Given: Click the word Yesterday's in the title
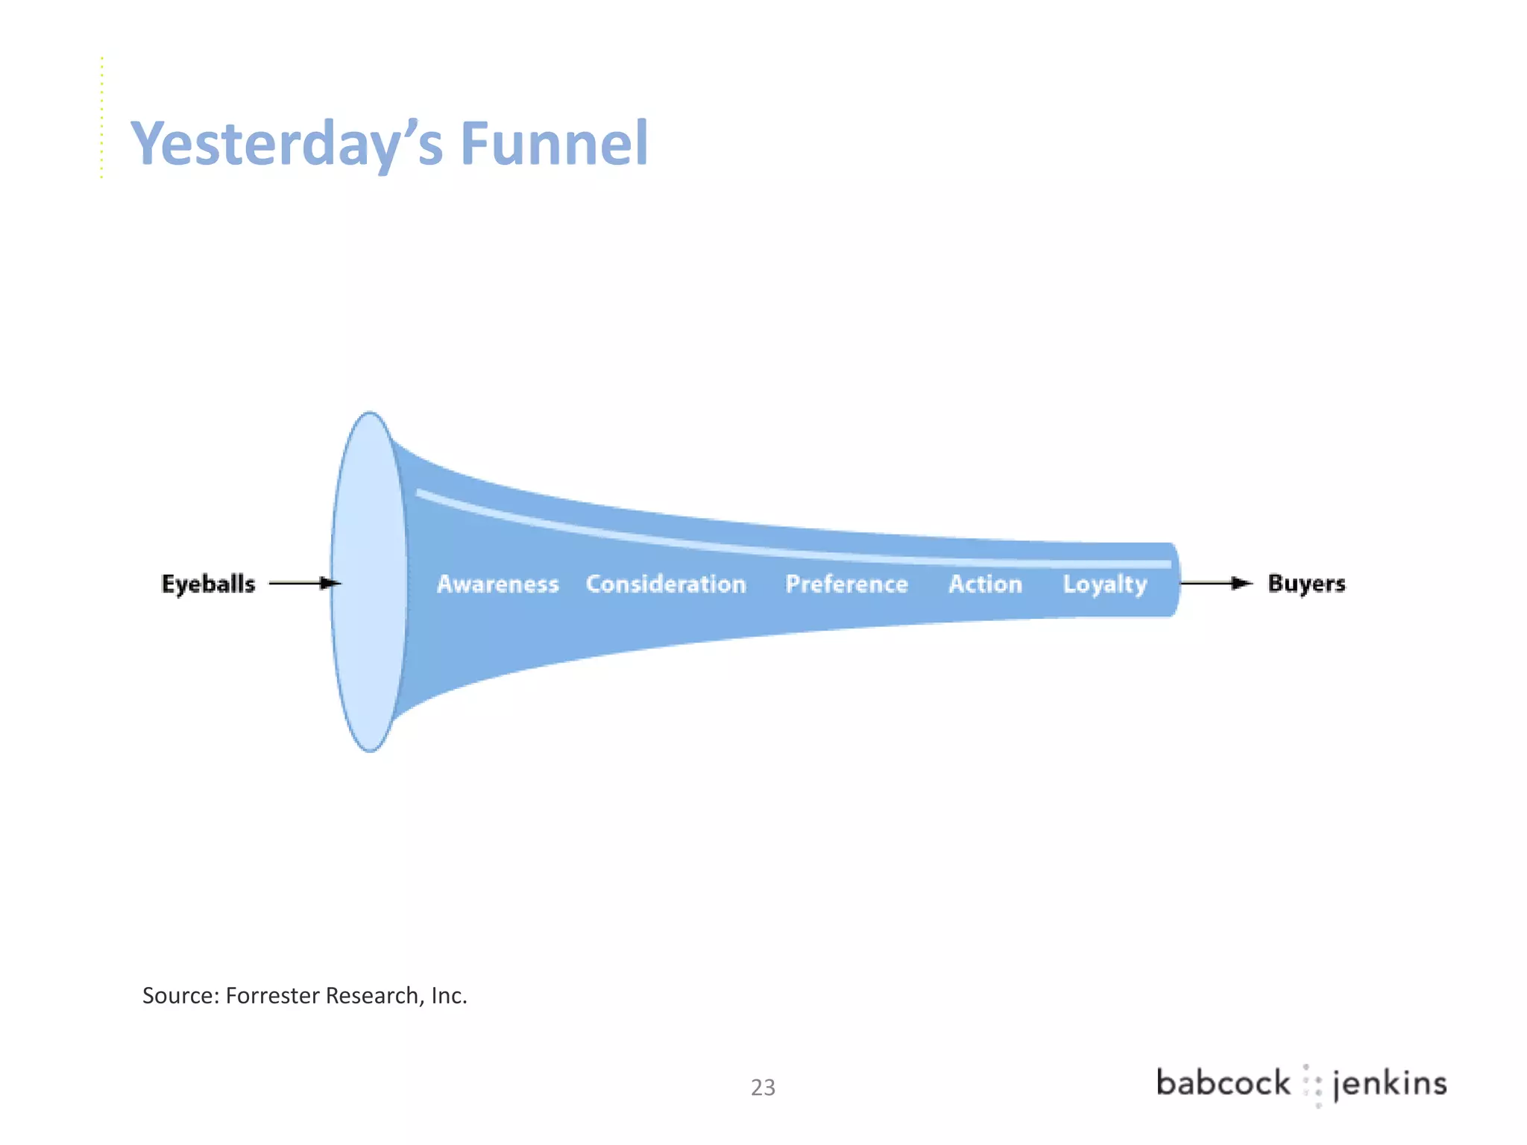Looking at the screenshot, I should pos(286,143).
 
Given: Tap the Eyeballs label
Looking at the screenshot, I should pos(208,584).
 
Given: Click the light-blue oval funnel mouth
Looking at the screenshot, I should pos(369,581).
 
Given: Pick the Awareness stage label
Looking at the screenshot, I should pos(497,584).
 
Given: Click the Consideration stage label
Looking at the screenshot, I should pos(666,584).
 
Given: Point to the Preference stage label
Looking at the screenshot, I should pos(846,584).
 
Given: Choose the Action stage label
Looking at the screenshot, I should pos(985,584).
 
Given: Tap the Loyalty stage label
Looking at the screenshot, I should pos(1104,584).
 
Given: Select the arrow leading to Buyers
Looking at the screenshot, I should pos(1215,583).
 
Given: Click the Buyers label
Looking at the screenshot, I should pos(1306,584).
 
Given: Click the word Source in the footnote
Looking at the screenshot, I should pos(180,996).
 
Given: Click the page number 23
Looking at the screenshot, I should pos(763,1088).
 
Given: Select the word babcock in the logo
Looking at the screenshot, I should pos(1223,1083).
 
